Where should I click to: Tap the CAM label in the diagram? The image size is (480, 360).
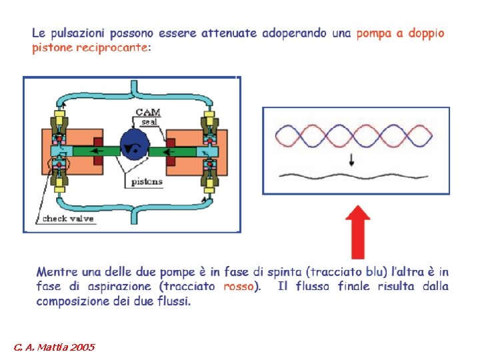click(x=147, y=113)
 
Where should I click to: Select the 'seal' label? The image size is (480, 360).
click(x=149, y=122)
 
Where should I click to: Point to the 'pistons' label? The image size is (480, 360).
click(x=146, y=181)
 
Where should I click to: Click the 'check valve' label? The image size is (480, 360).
click(x=68, y=219)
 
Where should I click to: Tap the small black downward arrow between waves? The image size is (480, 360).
click(x=351, y=161)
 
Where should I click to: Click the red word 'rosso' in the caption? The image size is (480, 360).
click(x=239, y=287)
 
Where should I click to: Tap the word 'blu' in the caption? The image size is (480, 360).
click(x=375, y=272)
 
